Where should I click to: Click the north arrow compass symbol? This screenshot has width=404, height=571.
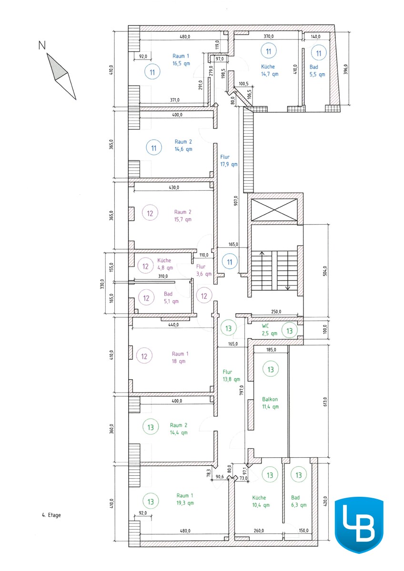coord(61,76)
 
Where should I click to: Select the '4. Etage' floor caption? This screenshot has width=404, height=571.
coord(51,515)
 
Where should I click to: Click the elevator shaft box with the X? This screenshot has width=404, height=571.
coord(274,210)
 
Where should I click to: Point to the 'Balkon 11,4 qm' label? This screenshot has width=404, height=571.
coord(270,403)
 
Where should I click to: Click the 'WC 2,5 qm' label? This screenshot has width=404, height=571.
coord(269,330)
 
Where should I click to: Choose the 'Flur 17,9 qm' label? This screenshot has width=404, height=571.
coord(229,161)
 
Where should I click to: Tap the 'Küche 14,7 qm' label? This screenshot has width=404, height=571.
coord(269,70)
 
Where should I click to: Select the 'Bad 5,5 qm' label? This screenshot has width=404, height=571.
coord(317,70)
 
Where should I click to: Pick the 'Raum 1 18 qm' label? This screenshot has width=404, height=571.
coord(180,357)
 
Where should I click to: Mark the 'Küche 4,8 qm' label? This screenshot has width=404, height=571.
coord(165,264)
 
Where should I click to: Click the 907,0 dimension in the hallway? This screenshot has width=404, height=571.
coord(236,201)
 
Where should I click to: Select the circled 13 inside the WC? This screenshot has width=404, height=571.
coord(289,331)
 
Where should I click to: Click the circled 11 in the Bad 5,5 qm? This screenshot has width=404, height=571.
coord(319,53)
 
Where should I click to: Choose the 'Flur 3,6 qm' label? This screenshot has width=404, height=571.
coord(203,270)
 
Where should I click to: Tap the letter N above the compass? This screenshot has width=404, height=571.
coord(42,45)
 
